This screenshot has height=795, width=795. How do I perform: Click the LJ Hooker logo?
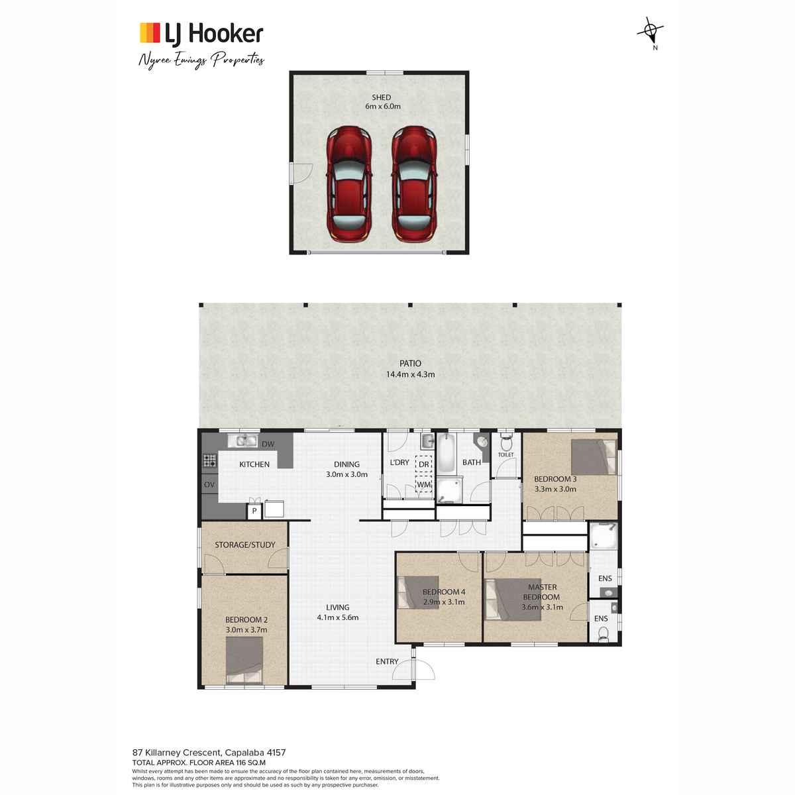[201, 33]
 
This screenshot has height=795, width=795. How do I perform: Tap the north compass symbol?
[650, 31]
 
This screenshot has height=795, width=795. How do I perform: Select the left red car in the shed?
[349, 184]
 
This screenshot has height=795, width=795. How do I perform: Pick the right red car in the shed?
[414, 184]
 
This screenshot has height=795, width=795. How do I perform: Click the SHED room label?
[381, 97]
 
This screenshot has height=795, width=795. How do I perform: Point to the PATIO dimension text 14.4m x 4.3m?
[410, 374]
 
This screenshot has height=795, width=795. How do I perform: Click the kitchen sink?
[242, 441]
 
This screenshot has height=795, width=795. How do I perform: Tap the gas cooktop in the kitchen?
[209, 460]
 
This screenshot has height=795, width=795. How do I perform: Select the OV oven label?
[209, 484]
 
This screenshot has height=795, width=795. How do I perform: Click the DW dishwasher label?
[268, 444]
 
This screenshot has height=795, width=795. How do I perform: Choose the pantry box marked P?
[254, 511]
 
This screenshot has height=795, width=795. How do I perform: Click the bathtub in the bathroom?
[446, 453]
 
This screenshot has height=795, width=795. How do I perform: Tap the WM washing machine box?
[424, 484]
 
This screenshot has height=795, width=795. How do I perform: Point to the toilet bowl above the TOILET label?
[505, 443]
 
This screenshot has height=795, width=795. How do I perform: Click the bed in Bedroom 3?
[594, 457]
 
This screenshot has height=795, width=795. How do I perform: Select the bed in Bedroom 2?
[244, 660]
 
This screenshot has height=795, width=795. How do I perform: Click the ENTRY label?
[387, 661]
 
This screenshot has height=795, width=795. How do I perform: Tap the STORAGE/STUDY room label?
[245, 545]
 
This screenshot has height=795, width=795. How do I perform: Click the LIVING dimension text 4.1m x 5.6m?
[337, 617]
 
